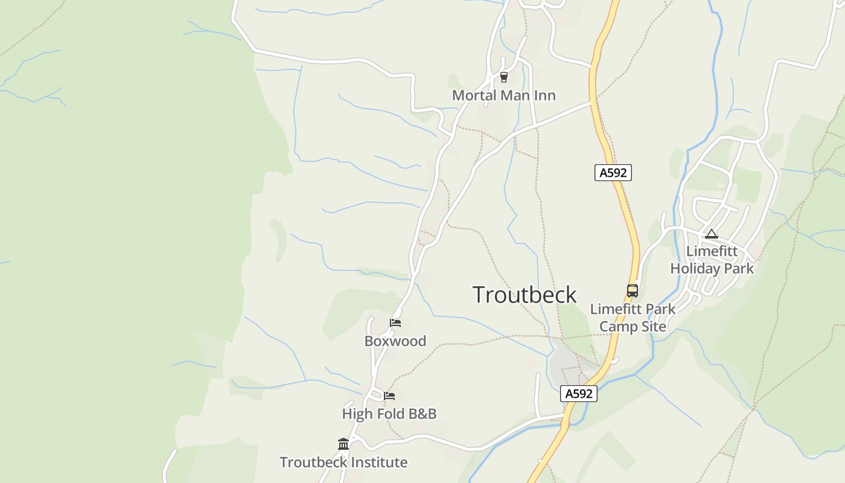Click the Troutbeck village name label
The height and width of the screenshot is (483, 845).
[x=525, y=295]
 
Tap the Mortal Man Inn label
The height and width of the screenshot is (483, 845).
[x=503, y=95]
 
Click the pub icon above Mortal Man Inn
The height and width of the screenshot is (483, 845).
[x=504, y=77]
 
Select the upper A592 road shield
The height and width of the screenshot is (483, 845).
[x=613, y=173]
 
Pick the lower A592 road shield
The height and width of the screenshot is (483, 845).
[x=578, y=394]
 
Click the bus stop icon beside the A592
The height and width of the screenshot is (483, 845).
[x=632, y=290]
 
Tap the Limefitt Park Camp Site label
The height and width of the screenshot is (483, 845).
[x=633, y=318]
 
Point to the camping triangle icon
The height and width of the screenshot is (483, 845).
[x=712, y=234]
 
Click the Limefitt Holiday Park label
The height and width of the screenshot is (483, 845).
[x=712, y=260]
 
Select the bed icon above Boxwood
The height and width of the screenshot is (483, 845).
[x=395, y=323]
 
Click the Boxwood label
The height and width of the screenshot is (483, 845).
[x=395, y=341]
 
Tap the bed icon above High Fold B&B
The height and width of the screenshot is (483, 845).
[x=389, y=396]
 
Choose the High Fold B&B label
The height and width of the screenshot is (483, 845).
[x=389, y=414]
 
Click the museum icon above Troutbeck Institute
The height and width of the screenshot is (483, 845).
[x=343, y=444]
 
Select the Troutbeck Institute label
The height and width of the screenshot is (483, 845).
[x=343, y=462]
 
